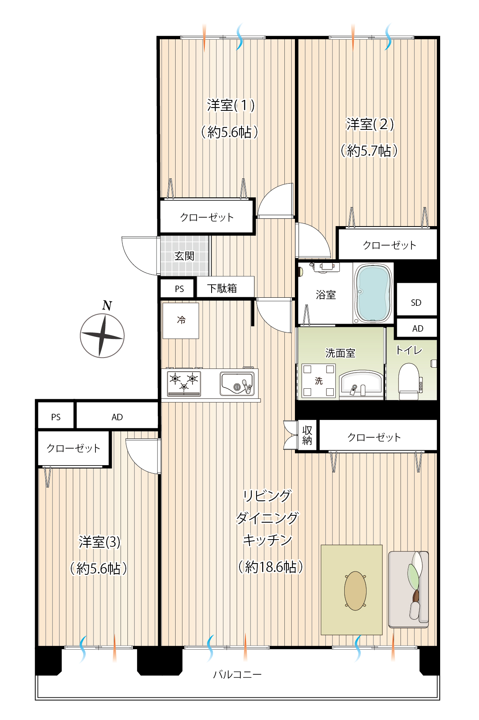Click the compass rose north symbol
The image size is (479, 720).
pos(102,336)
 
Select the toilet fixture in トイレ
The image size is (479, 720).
pos(409,381)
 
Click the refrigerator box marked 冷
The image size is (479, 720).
pos(180,320)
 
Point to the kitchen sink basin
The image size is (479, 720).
pos(237,383)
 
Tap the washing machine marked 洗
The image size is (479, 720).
pos(319,381)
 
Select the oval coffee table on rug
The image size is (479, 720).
pos(355,591)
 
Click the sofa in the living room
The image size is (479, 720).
pos(408,589)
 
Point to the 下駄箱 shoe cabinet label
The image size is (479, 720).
pos(222,288)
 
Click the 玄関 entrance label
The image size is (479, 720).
pos(184,256)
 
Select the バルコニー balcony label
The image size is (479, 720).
pos(237,674)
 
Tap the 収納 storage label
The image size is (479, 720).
pos(307,435)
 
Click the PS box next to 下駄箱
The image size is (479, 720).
pos(178,288)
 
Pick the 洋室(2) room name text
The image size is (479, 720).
pos(370,124)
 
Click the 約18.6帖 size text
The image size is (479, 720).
pos(271,567)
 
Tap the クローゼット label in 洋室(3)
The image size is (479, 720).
pos(73,448)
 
